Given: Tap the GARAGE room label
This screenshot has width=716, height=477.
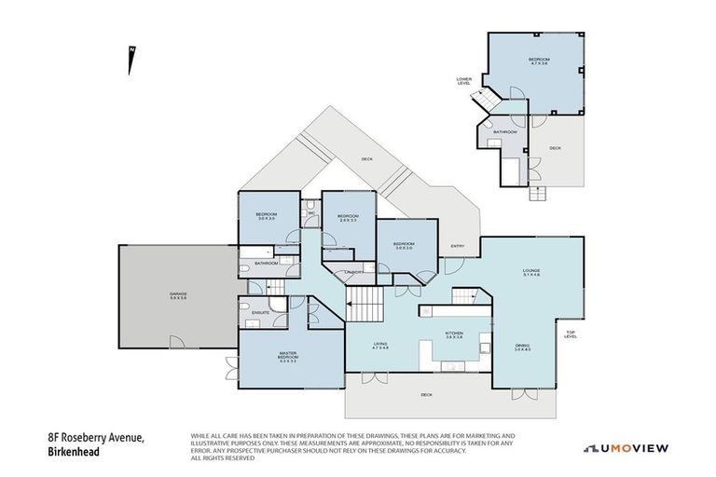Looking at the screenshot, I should pos(178,295).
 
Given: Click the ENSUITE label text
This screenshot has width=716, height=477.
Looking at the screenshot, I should pos(261,312).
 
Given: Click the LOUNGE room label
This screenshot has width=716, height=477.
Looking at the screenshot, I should pos(531,272).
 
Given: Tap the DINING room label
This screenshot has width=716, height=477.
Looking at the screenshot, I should pos(522,348).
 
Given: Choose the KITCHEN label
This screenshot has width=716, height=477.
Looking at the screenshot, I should pos(454,334).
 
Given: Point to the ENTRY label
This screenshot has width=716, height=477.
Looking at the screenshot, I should pos(458,246).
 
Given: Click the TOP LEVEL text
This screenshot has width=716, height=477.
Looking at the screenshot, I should pos(571,334).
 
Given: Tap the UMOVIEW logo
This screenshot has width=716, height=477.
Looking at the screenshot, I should pos(626,448).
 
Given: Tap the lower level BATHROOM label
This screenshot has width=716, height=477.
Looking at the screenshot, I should pos(505,132).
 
